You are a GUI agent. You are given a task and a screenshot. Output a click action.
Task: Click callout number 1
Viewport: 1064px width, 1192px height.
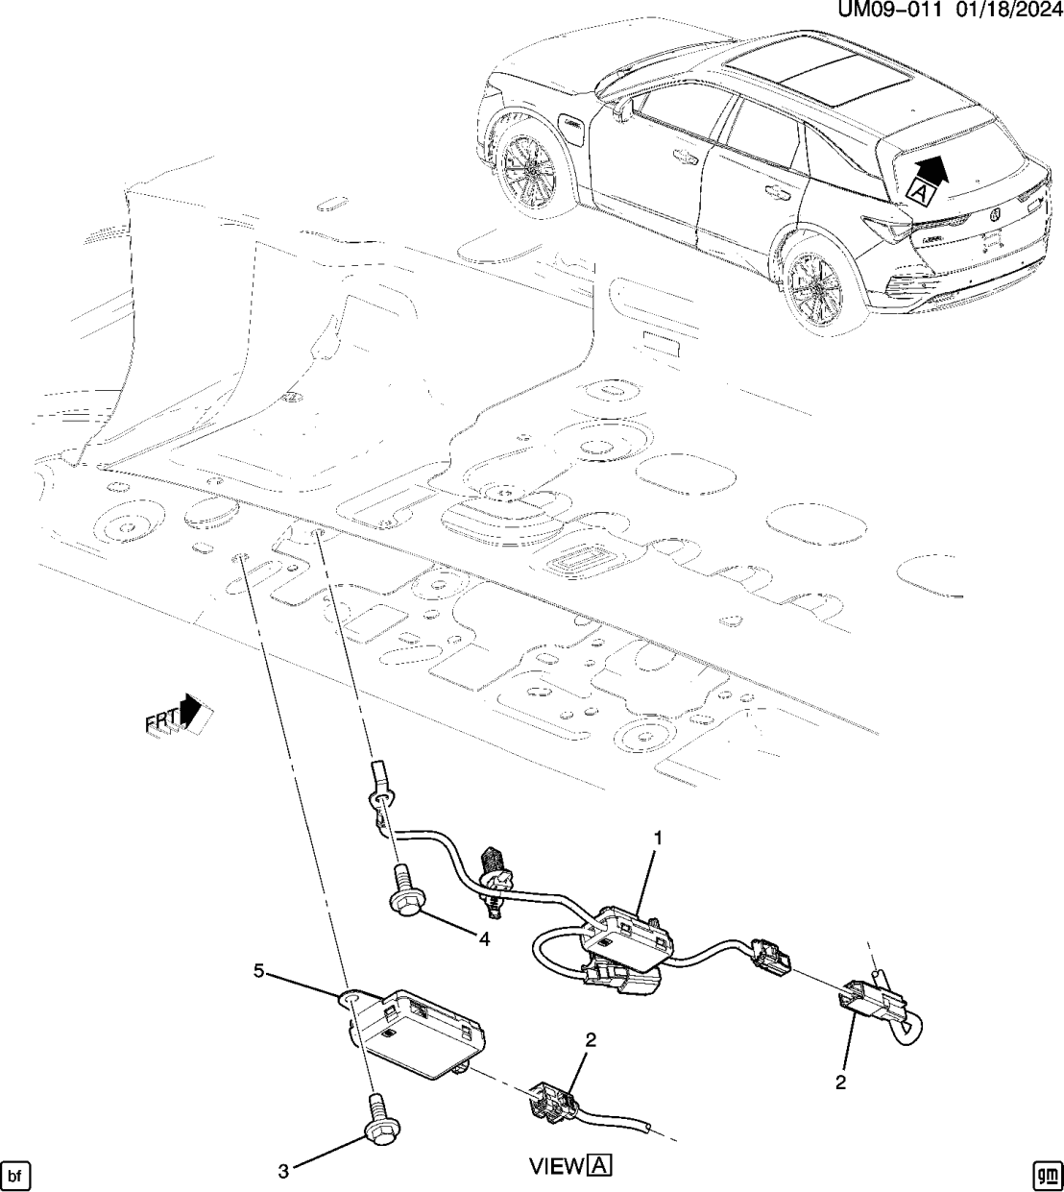click(658, 839)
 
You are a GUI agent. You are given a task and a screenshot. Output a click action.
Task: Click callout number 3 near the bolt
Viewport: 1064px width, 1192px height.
click(283, 1170)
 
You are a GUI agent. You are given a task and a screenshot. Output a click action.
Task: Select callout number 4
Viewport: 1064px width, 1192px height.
click(485, 939)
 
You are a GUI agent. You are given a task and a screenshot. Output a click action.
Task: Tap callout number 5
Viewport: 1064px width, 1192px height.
click(258, 971)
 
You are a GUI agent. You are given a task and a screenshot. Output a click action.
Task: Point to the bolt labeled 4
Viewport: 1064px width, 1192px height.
click(402, 888)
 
